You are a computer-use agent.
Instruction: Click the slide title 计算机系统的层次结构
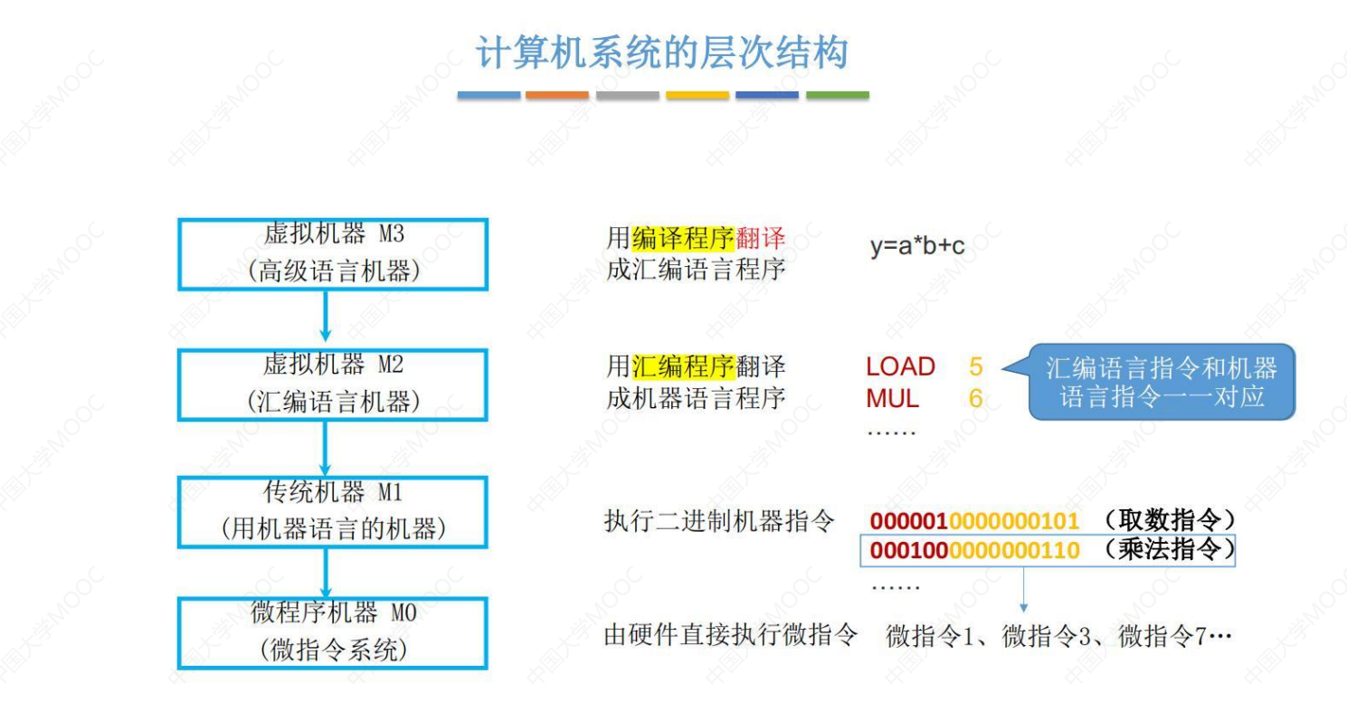click(661, 53)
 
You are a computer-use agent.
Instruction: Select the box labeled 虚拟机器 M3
click(332, 253)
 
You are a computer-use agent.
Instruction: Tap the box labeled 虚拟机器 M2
click(332, 384)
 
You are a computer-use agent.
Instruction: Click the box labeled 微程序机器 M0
click(332, 632)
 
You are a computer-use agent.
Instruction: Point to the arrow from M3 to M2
click(326, 318)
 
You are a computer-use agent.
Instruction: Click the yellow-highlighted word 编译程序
click(684, 239)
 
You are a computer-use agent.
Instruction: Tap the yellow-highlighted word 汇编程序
click(684, 366)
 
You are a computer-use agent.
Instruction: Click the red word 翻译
click(761, 239)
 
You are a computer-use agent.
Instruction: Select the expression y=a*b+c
click(917, 246)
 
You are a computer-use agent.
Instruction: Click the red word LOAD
click(900, 366)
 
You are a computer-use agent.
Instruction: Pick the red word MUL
click(892, 398)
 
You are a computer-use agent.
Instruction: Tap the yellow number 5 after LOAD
click(975, 366)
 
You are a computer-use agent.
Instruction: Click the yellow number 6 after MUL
click(975, 398)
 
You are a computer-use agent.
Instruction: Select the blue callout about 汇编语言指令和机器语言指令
click(1162, 382)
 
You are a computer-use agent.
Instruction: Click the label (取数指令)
click(1168, 521)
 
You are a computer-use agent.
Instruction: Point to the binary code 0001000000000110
click(974, 550)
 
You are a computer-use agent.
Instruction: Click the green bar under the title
click(837, 95)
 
